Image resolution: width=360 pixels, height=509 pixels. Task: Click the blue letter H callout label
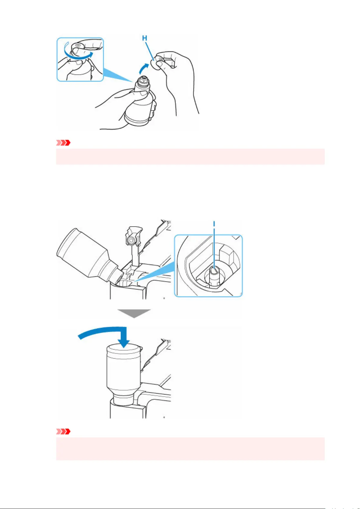click(144, 38)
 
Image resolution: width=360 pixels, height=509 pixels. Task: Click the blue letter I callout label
click(214, 224)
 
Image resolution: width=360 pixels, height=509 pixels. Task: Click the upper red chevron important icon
click(63, 143)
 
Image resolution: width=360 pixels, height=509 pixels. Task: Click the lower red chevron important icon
click(63, 431)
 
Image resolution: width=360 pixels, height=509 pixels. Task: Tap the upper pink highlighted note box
click(190, 156)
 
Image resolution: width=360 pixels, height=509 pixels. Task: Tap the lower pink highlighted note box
click(190, 449)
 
